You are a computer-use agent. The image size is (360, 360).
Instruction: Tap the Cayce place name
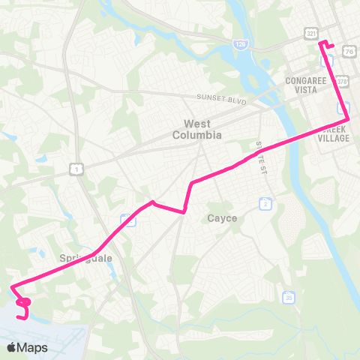pos(221,218)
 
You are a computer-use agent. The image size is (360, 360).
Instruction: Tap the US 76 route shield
pos(350,50)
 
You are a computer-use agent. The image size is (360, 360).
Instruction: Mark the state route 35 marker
pos(289,297)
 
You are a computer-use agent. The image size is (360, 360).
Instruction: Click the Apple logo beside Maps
pos(12,347)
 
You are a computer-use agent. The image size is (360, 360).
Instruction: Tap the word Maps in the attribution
pos(33,347)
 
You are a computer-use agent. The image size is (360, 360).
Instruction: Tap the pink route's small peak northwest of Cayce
pos(153,202)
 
